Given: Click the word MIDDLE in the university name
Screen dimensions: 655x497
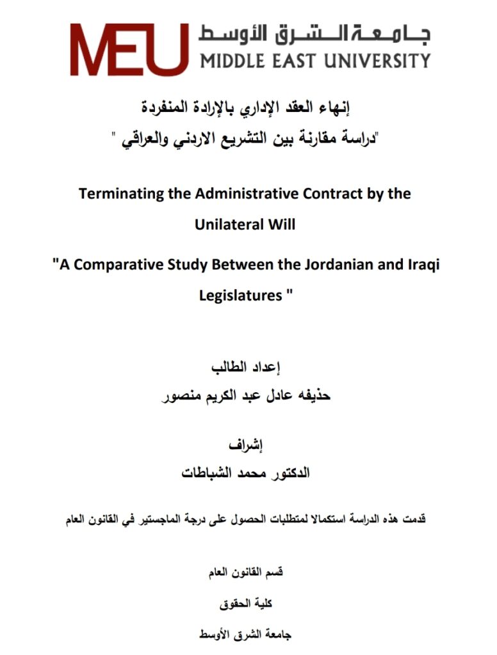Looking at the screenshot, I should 232,61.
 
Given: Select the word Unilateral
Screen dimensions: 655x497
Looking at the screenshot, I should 229,225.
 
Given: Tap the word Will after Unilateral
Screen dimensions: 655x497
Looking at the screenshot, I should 282,225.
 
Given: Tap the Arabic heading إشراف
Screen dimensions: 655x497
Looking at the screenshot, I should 247,445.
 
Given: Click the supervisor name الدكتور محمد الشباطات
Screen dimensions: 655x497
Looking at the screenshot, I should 247,474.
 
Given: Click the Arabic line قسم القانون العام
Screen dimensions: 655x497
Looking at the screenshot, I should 247,572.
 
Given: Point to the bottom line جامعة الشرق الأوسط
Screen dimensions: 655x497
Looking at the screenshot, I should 247,635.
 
